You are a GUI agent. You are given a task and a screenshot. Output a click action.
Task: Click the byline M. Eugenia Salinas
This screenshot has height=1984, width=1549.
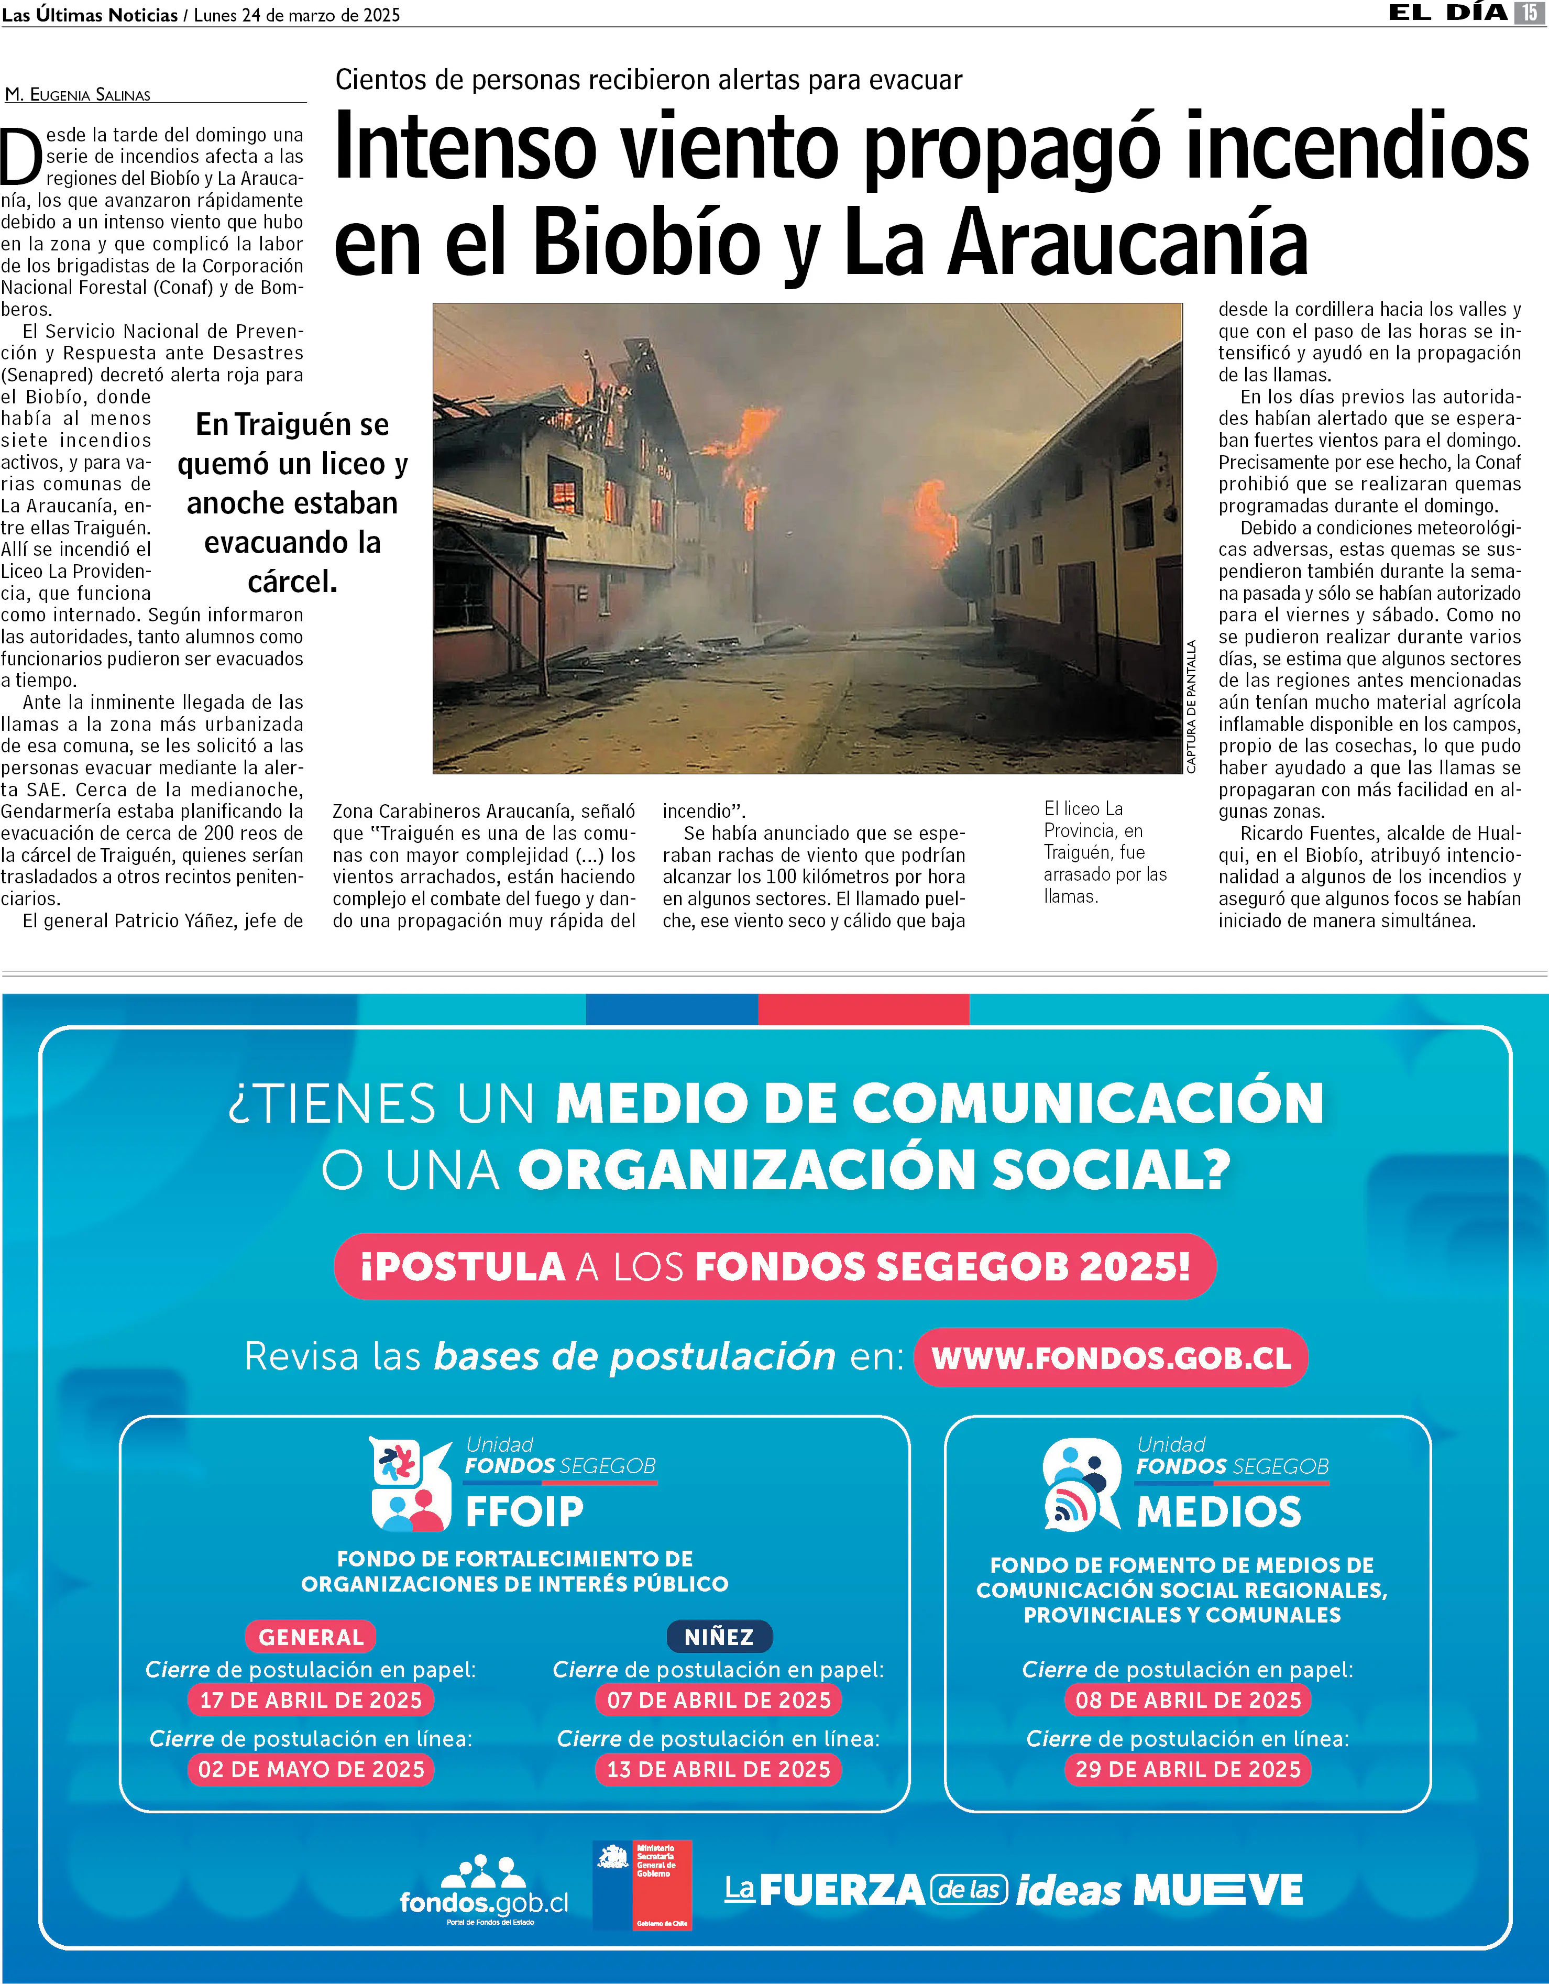click(x=78, y=94)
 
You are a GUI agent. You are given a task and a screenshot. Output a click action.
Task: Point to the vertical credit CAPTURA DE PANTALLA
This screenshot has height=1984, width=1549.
click(x=1191, y=707)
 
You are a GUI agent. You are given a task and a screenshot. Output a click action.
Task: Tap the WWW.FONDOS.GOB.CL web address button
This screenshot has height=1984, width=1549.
click(x=1111, y=1358)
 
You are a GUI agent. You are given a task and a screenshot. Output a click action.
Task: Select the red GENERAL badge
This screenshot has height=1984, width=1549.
click(x=311, y=1637)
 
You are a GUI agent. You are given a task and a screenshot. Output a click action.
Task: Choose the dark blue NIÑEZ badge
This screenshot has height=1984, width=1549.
click(x=719, y=1637)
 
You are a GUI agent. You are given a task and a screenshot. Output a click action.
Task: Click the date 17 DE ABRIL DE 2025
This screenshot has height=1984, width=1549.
click(x=311, y=1700)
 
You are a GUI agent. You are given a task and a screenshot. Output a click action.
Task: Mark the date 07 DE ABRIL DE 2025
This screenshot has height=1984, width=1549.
click(x=719, y=1700)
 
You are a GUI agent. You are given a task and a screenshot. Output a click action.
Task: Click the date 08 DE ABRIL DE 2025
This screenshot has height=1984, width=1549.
click(x=1188, y=1700)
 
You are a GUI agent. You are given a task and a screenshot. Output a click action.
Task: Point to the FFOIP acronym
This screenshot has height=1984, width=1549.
click(x=524, y=1511)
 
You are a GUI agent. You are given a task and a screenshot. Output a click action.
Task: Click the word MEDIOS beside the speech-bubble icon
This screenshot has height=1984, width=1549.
click(x=1218, y=1511)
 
